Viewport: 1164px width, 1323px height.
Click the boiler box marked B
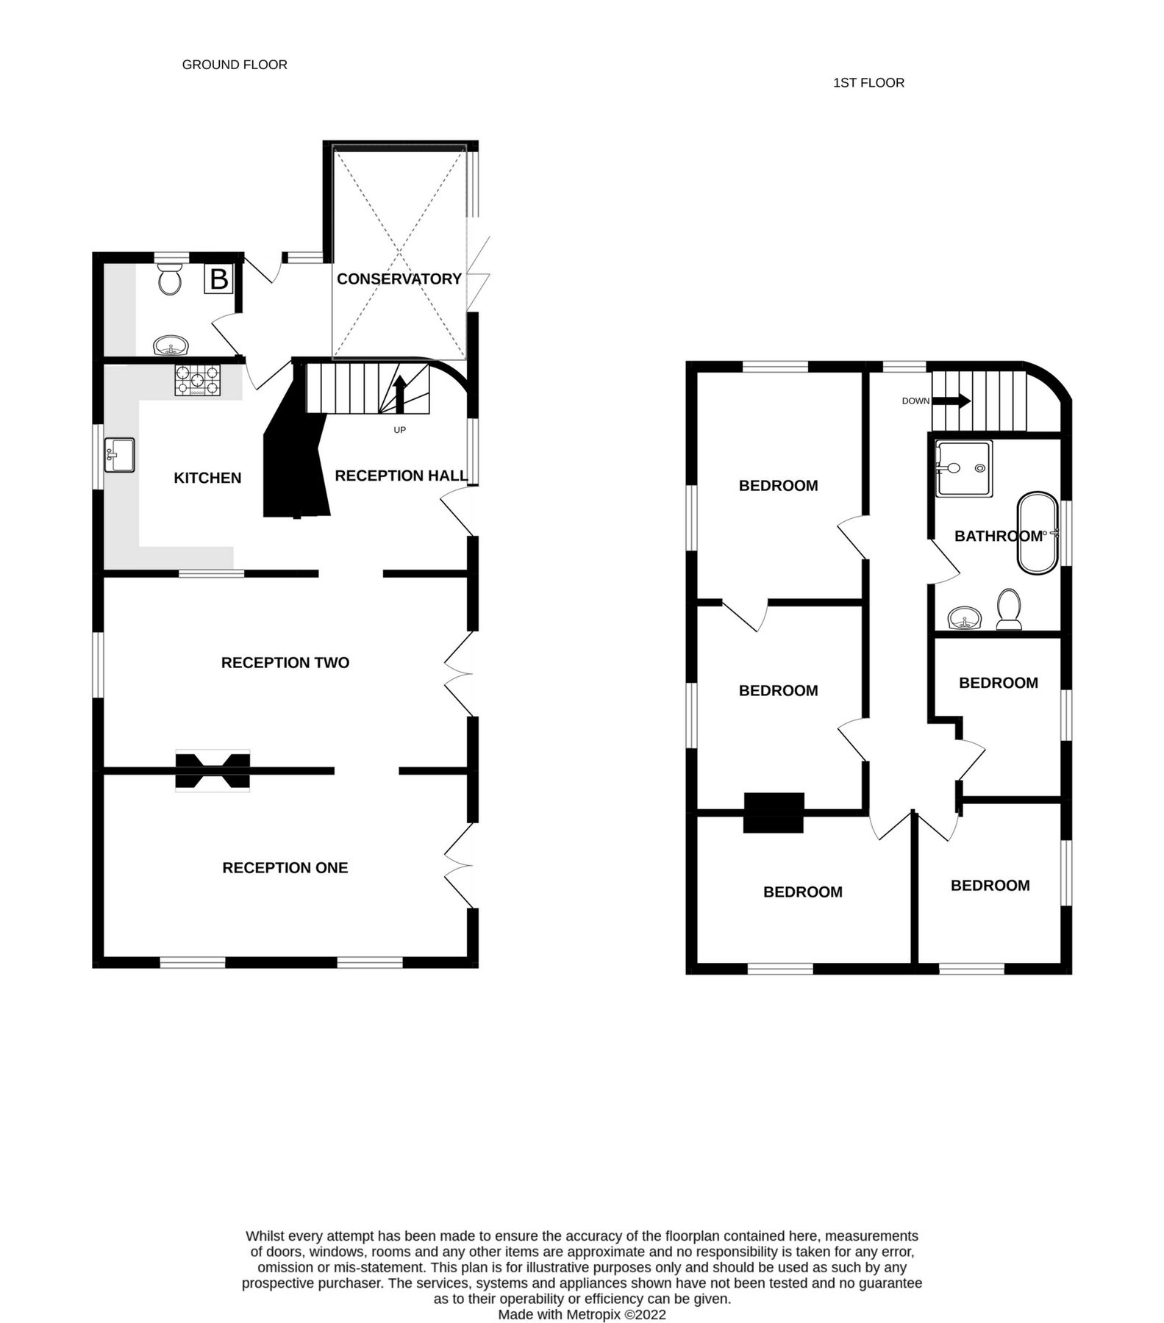coord(218,279)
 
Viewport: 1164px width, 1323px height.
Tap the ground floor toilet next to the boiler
coord(171,279)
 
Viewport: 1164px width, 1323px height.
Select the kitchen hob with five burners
coord(196,381)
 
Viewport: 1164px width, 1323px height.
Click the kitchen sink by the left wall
coord(120,455)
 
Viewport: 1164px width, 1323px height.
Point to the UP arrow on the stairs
coord(400,395)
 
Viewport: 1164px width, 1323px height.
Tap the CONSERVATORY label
coord(399,279)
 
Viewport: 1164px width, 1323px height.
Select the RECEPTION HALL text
coord(401,476)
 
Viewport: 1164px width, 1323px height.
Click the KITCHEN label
coord(207,478)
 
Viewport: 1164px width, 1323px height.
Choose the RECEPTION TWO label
coord(285,663)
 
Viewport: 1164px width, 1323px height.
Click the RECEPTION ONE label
coord(285,868)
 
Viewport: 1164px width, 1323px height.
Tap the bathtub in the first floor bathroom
coord(1038,533)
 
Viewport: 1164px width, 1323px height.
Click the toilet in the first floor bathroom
coord(1009,609)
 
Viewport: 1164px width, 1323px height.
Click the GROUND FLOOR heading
coord(235,65)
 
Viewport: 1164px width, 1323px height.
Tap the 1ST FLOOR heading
coord(868,83)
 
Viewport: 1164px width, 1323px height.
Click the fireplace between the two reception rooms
coord(213,770)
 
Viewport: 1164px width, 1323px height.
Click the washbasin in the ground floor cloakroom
coord(171,345)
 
